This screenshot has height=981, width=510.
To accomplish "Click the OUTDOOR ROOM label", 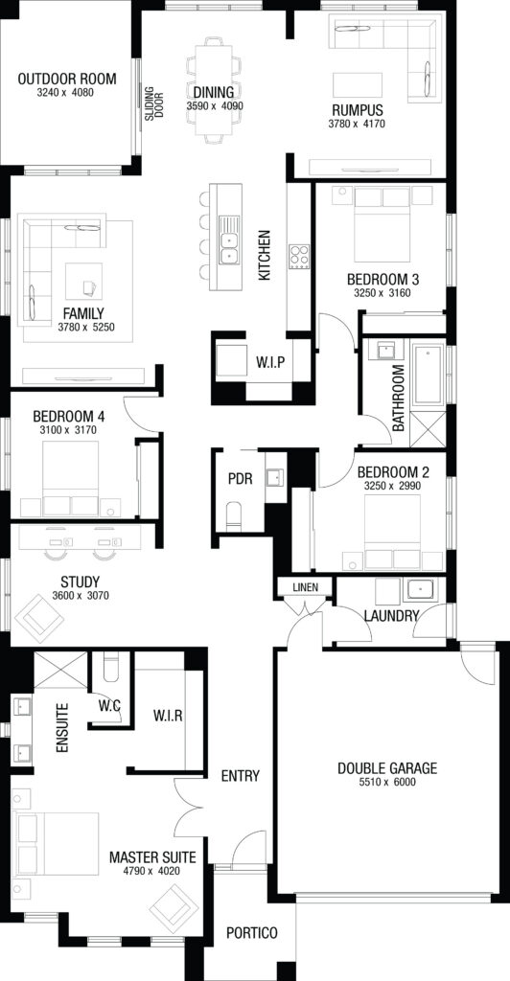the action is [x=67, y=79].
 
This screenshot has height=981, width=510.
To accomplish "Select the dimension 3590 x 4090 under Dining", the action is [x=215, y=105].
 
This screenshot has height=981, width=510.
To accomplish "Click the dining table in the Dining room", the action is [x=214, y=89].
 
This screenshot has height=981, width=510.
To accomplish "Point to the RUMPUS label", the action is [x=358, y=111].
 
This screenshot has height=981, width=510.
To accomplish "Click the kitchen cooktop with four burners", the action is [x=299, y=257].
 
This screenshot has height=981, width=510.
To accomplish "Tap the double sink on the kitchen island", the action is [x=229, y=245].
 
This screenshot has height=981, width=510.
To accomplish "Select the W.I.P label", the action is [x=271, y=361].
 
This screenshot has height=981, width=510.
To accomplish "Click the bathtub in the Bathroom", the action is [x=429, y=374].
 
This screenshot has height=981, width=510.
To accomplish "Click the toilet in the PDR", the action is [x=234, y=514].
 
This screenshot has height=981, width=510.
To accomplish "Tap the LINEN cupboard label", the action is [x=306, y=587].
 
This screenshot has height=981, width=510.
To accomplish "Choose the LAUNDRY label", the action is [x=392, y=616].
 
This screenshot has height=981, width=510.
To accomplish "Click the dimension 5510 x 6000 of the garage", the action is [x=387, y=782].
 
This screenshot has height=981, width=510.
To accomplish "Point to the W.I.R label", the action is [x=168, y=716].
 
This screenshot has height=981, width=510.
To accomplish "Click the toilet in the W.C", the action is [x=112, y=667].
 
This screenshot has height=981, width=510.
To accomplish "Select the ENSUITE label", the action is [x=61, y=728].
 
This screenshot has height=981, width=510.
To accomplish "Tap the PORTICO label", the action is [x=251, y=933].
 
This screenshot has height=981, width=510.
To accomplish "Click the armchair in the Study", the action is [x=38, y=618].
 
